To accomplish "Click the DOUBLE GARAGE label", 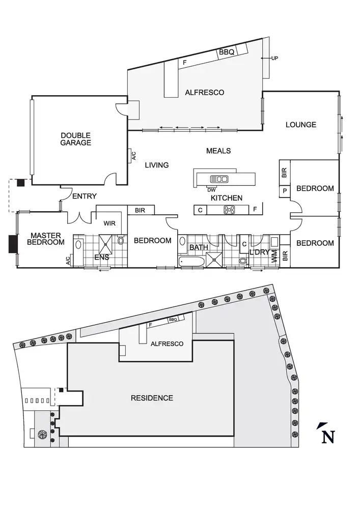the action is [x=76, y=139].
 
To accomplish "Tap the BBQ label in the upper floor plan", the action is [x=227, y=52].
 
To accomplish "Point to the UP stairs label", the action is [x=274, y=59].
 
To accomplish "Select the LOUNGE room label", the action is [x=301, y=125].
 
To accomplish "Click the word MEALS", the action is [x=218, y=151].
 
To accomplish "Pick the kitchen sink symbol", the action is [x=219, y=179].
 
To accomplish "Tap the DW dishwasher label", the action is [x=211, y=190].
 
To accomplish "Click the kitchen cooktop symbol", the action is [x=229, y=210].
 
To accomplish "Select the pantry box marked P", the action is [x=285, y=191].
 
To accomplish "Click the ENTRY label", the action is [x=85, y=196].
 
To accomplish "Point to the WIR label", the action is [x=109, y=223].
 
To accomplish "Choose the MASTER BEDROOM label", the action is [x=46, y=239].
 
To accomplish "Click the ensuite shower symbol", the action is [x=105, y=244].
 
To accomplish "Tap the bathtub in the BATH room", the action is [x=191, y=262].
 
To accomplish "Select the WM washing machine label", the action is [x=274, y=256].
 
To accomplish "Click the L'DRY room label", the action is [x=259, y=252].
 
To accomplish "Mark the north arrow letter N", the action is [x=328, y=437].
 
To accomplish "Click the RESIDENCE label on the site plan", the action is [x=152, y=398].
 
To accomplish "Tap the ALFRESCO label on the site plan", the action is [x=167, y=344].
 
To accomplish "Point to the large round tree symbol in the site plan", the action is [x=42, y=434].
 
